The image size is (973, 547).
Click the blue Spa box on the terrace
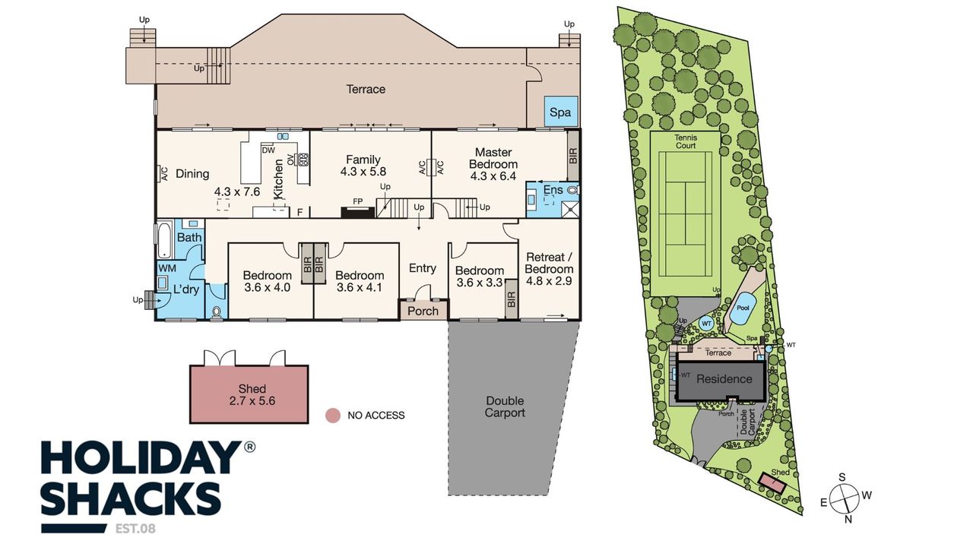pyautogui.click(x=561, y=112)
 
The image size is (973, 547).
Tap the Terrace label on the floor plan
pyautogui.click(x=366, y=90)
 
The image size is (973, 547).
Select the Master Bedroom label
pyautogui.click(x=493, y=159)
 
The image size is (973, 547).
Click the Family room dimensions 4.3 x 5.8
pyautogui.click(x=363, y=172)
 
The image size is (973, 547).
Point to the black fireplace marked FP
pyautogui.click(x=357, y=212)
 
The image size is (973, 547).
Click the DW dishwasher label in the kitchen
pyautogui.click(x=268, y=150)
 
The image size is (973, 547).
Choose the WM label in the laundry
pyautogui.click(x=167, y=268)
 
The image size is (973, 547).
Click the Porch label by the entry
pyautogui.click(x=423, y=311)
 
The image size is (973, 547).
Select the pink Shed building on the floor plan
pyautogui.click(x=249, y=394)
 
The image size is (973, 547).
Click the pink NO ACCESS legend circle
pyautogui.click(x=333, y=416)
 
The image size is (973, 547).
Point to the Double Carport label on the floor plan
pyautogui.click(x=505, y=406)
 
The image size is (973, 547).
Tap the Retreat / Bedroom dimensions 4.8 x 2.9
pyautogui.click(x=549, y=281)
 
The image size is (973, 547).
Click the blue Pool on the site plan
pyautogui.click(x=743, y=308)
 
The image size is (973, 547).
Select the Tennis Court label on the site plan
pyautogui.click(x=686, y=141)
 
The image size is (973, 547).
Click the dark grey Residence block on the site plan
pyautogui.click(x=721, y=381)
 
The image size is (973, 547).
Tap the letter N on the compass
pyautogui.click(x=848, y=519)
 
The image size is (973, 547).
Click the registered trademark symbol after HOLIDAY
pyautogui.click(x=249, y=447)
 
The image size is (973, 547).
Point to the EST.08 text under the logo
pyautogui.click(x=135, y=529)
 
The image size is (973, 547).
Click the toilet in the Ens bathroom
pyautogui.click(x=573, y=190)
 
